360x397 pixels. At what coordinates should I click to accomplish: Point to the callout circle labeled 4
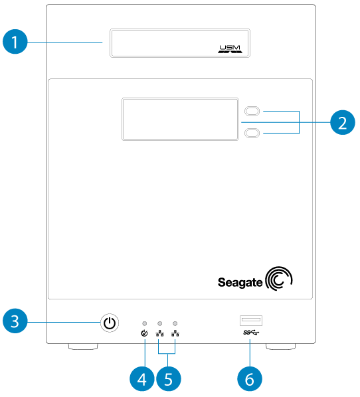pyautogui.click(x=141, y=379)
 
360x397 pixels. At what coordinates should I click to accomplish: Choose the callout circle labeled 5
pyautogui.click(x=167, y=379)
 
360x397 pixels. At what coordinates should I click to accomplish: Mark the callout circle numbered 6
pyautogui.click(x=250, y=379)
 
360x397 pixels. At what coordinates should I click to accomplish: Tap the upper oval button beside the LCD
pyautogui.click(x=253, y=111)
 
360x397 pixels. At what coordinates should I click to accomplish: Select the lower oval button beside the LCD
pyautogui.click(x=253, y=133)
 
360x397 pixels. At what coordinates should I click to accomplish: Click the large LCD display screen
pyautogui.click(x=180, y=119)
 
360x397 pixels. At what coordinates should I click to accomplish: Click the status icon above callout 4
pyautogui.click(x=145, y=333)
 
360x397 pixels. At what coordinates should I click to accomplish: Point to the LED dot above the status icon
pyautogui.click(x=145, y=323)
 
